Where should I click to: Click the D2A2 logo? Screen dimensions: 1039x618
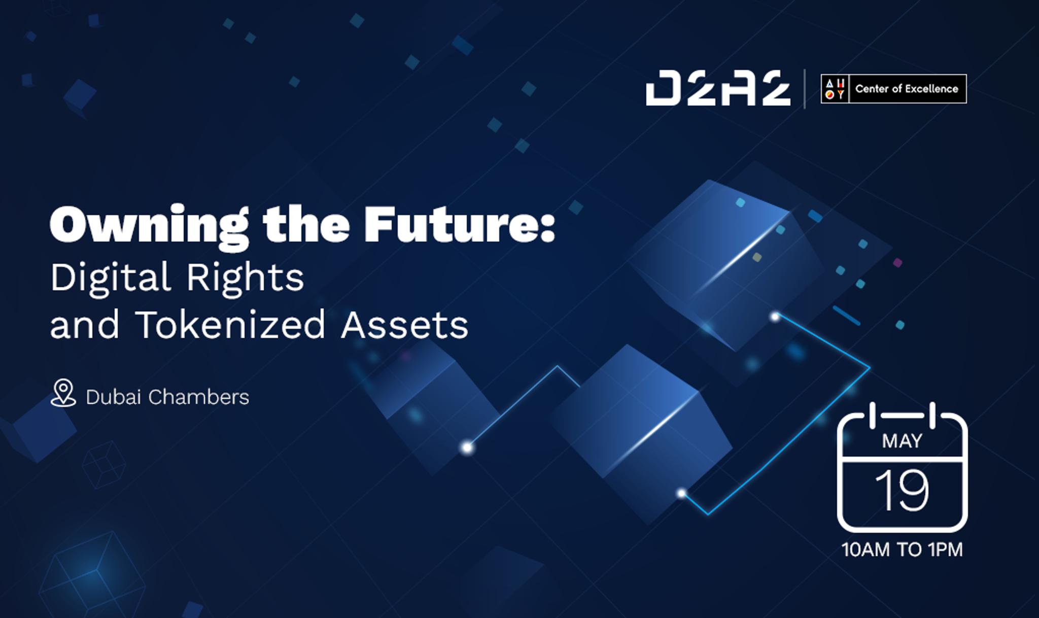point(718,88)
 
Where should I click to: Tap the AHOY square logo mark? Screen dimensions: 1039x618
point(835,89)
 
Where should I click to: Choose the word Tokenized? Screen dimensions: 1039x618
point(230,324)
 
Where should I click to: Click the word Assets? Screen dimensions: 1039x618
point(404,325)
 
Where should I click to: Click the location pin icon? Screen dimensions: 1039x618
point(63,393)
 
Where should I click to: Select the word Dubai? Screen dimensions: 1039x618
point(114,397)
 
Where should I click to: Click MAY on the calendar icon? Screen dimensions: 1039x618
point(902,441)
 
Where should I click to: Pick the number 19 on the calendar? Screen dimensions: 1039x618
point(902,490)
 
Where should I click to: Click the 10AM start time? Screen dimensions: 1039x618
point(865,550)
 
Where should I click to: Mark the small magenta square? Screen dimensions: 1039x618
point(897,263)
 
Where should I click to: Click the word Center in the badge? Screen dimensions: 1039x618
point(871,89)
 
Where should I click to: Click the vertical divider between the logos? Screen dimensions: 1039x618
point(805,89)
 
